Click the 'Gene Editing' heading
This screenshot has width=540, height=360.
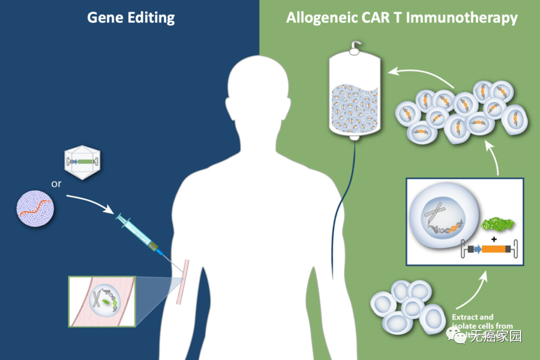[x=131, y=18]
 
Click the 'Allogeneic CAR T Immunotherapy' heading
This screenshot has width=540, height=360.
[x=401, y=18]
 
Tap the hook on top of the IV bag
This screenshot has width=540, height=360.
[x=357, y=48]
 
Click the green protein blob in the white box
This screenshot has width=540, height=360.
[x=497, y=224]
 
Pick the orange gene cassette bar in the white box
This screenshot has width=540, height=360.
[x=493, y=249]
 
